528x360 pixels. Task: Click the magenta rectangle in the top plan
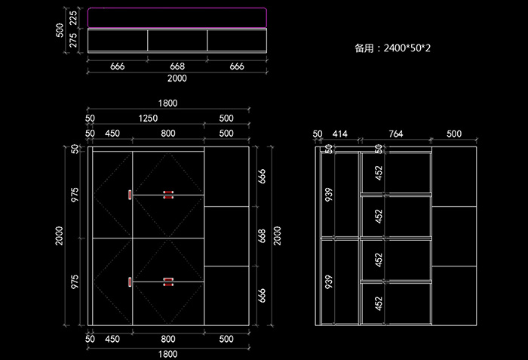(177, 17)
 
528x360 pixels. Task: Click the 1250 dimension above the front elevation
(148, 118)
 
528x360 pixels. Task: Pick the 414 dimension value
(340, 134)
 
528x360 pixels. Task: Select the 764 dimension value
(395, 134)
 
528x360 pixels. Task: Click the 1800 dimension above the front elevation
(167, 103)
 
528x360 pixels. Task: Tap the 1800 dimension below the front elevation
(167, 353)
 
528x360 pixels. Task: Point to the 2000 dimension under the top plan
(177, 78)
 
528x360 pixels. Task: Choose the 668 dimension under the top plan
(177, 66)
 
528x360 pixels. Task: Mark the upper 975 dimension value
(75, 195)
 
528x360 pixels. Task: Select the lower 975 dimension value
(75, 282)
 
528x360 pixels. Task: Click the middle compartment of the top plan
(177, 40)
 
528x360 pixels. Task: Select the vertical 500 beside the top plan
(60, 29)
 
